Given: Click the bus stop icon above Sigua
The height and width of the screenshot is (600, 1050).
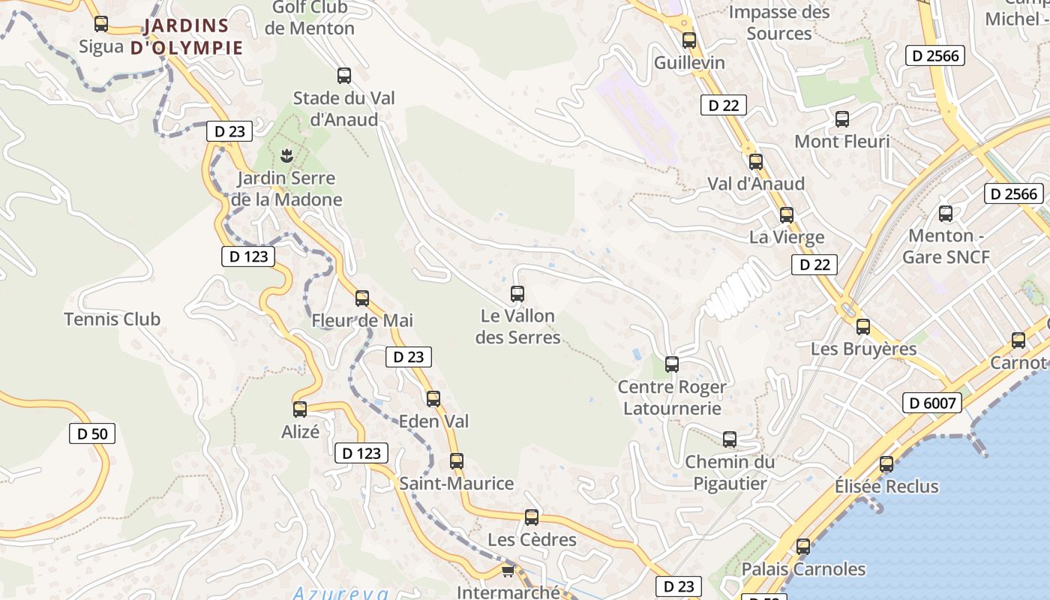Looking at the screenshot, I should click(x=101, y=24).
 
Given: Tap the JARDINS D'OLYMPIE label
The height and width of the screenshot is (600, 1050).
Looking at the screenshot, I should click(x=187, y=37).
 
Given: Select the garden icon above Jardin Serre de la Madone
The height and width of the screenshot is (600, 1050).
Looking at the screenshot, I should click(x=286, y=156).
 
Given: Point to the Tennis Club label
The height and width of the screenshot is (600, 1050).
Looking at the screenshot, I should click(x=112, y=319).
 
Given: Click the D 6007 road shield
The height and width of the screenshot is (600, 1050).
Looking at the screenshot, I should click(x=932, y=403).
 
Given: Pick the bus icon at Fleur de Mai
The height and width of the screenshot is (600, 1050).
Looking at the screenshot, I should click(x=362, y=298).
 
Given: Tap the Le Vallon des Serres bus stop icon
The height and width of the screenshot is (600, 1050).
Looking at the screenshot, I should click(x=517, y=294).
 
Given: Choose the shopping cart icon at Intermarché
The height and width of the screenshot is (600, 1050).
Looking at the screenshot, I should click(x=508, y=571).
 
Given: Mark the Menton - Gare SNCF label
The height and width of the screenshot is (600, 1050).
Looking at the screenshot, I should click(x=946, y=246).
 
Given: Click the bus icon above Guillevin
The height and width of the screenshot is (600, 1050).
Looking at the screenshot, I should click(x=689, y=40).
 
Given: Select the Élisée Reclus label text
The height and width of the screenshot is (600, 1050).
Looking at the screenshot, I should click(x=886, y=487).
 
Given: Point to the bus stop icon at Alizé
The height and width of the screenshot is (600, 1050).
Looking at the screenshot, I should click(x=300, y=409).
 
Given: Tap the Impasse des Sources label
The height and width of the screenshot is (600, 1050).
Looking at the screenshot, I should click(x=779, y=22).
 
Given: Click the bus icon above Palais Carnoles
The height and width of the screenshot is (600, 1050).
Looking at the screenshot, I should click(x=803, y=547).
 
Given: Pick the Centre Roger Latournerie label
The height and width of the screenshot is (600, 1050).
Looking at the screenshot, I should click(x=672, y=397).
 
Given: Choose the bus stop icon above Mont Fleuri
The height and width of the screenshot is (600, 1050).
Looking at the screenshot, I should click(x=842, y=119).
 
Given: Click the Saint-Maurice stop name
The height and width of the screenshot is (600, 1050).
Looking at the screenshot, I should click(x=457, y=484).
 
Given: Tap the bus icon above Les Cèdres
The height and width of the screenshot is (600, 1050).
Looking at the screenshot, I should click(x=532, y=517).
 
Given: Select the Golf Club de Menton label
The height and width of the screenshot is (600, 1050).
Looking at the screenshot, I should click(x=309, y=18).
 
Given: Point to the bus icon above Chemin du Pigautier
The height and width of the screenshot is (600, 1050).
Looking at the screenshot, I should click(x=730, y=439).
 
